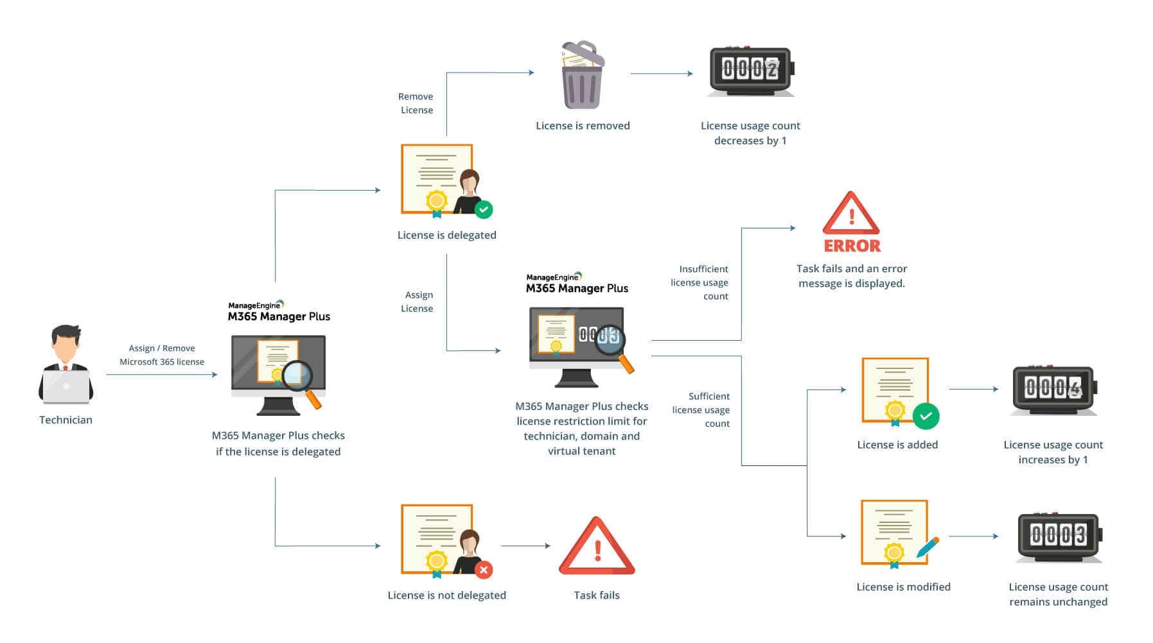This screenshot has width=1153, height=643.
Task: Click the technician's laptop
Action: click(66, 386)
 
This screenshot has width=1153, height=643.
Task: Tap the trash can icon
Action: click(582, 76)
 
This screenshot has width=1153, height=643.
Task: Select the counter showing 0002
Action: click(750, 69)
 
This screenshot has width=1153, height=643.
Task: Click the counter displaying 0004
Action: click(1053, 388)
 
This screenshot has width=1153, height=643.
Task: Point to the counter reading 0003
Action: click(1059, 535)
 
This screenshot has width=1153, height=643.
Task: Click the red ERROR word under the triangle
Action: click(852, 246)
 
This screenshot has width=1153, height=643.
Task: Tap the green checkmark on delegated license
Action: click(484, 209)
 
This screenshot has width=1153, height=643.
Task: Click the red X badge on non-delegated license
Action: click(484, 569)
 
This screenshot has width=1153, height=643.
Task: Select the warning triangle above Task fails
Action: click(596, 547)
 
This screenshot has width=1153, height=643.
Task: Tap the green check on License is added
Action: click(926, 416)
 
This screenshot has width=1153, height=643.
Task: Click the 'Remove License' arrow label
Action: click(416, 103)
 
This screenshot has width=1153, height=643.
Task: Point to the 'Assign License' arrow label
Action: click(418, 302)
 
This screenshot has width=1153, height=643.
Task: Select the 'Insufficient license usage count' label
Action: click(700, 282)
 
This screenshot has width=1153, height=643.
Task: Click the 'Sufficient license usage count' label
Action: click(701, 409)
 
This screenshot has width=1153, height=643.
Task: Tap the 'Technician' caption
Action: click(66, 420)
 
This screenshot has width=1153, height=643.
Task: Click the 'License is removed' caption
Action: click(583, 126)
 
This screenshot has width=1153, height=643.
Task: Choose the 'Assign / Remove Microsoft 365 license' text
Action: click(162, 355)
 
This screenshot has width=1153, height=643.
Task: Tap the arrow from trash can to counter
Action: click(661, 74)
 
